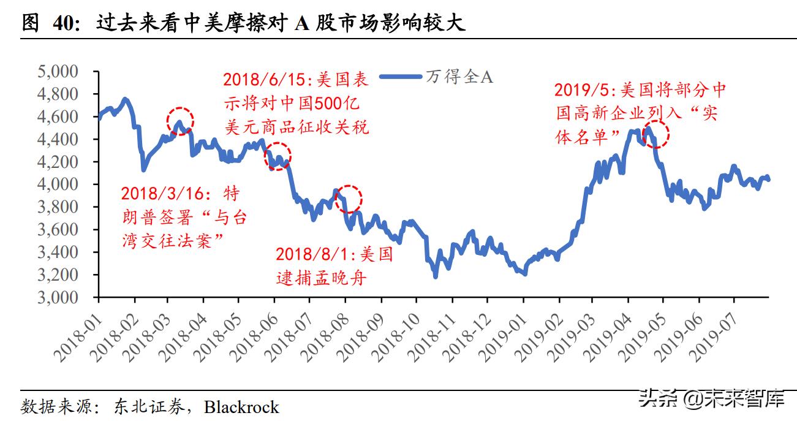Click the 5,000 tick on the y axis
click(x=58, y=72)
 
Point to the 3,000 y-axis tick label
click(x=58, y=297)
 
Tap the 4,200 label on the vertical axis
click(x=58, y=162)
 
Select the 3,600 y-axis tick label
click(x=58, y=230)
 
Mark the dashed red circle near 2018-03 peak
click(x=180, y=120)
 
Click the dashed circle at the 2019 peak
click(x=655, y=133)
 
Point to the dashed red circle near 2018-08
click(x=349, y=198)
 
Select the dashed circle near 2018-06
click(x=278, y=156)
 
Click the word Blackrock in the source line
click(x=241, y=407)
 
